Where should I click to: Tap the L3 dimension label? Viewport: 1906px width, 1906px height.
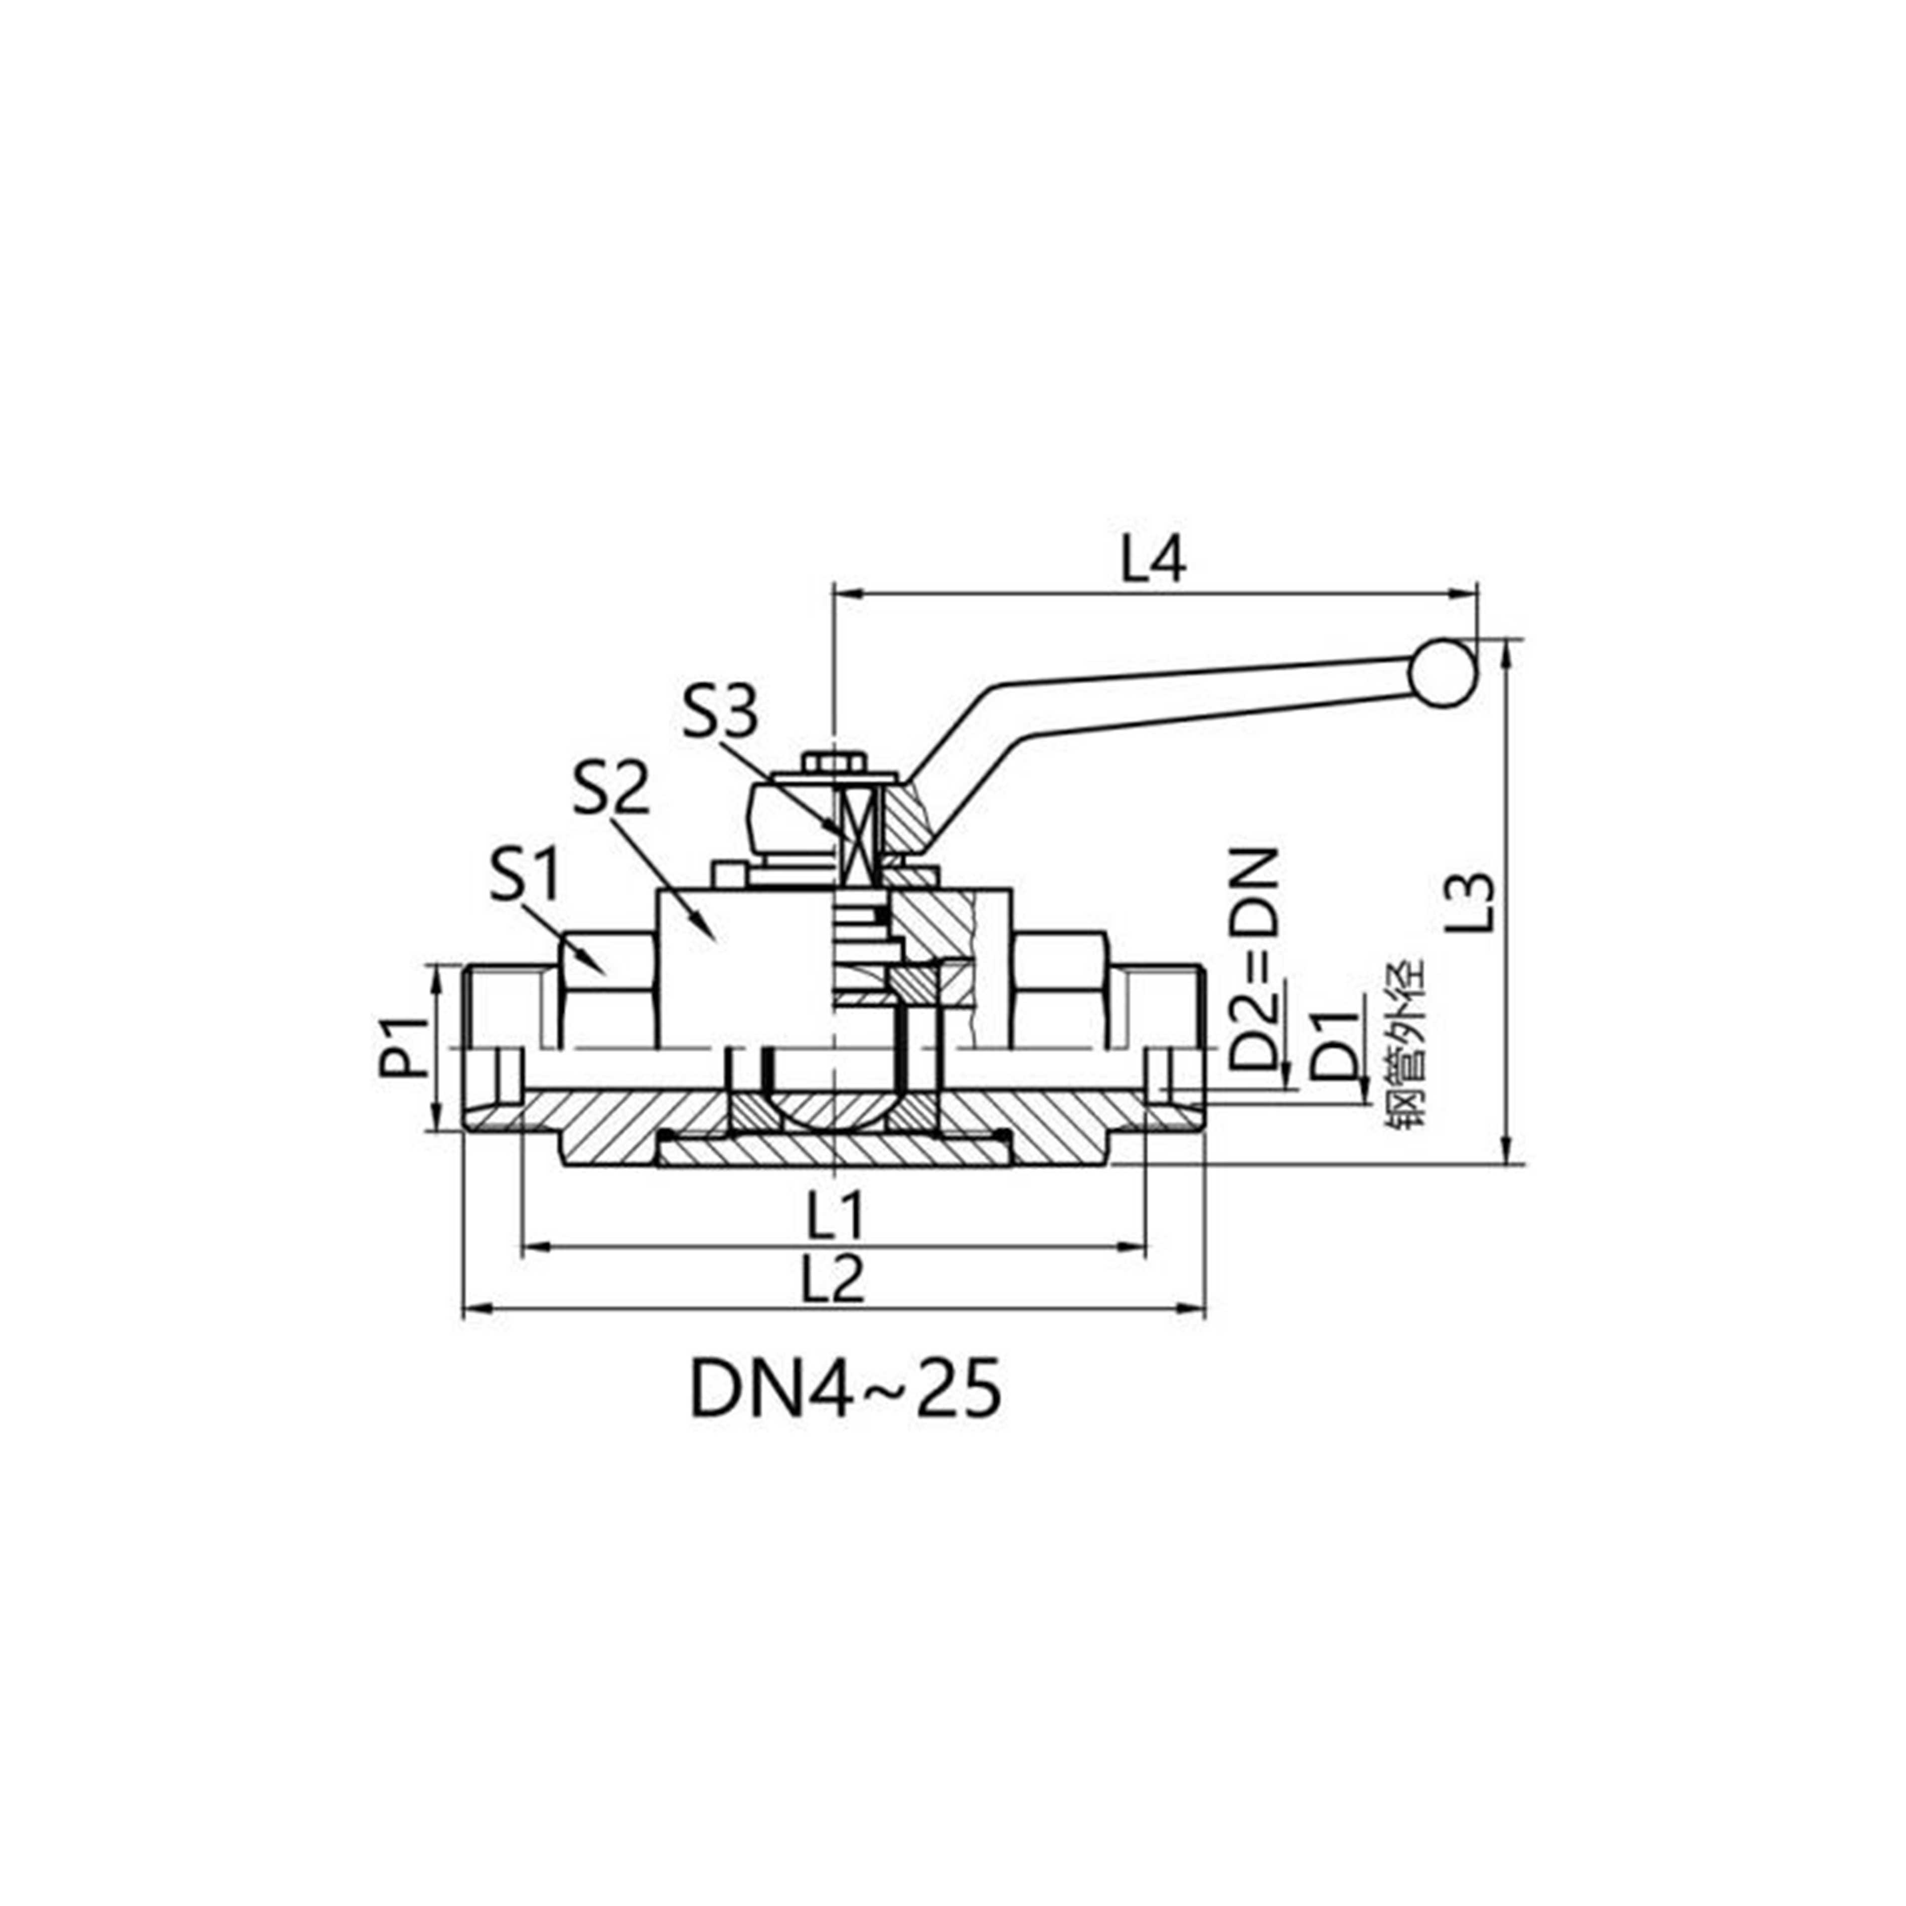pyautogui.click(x=1476, y=903)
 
